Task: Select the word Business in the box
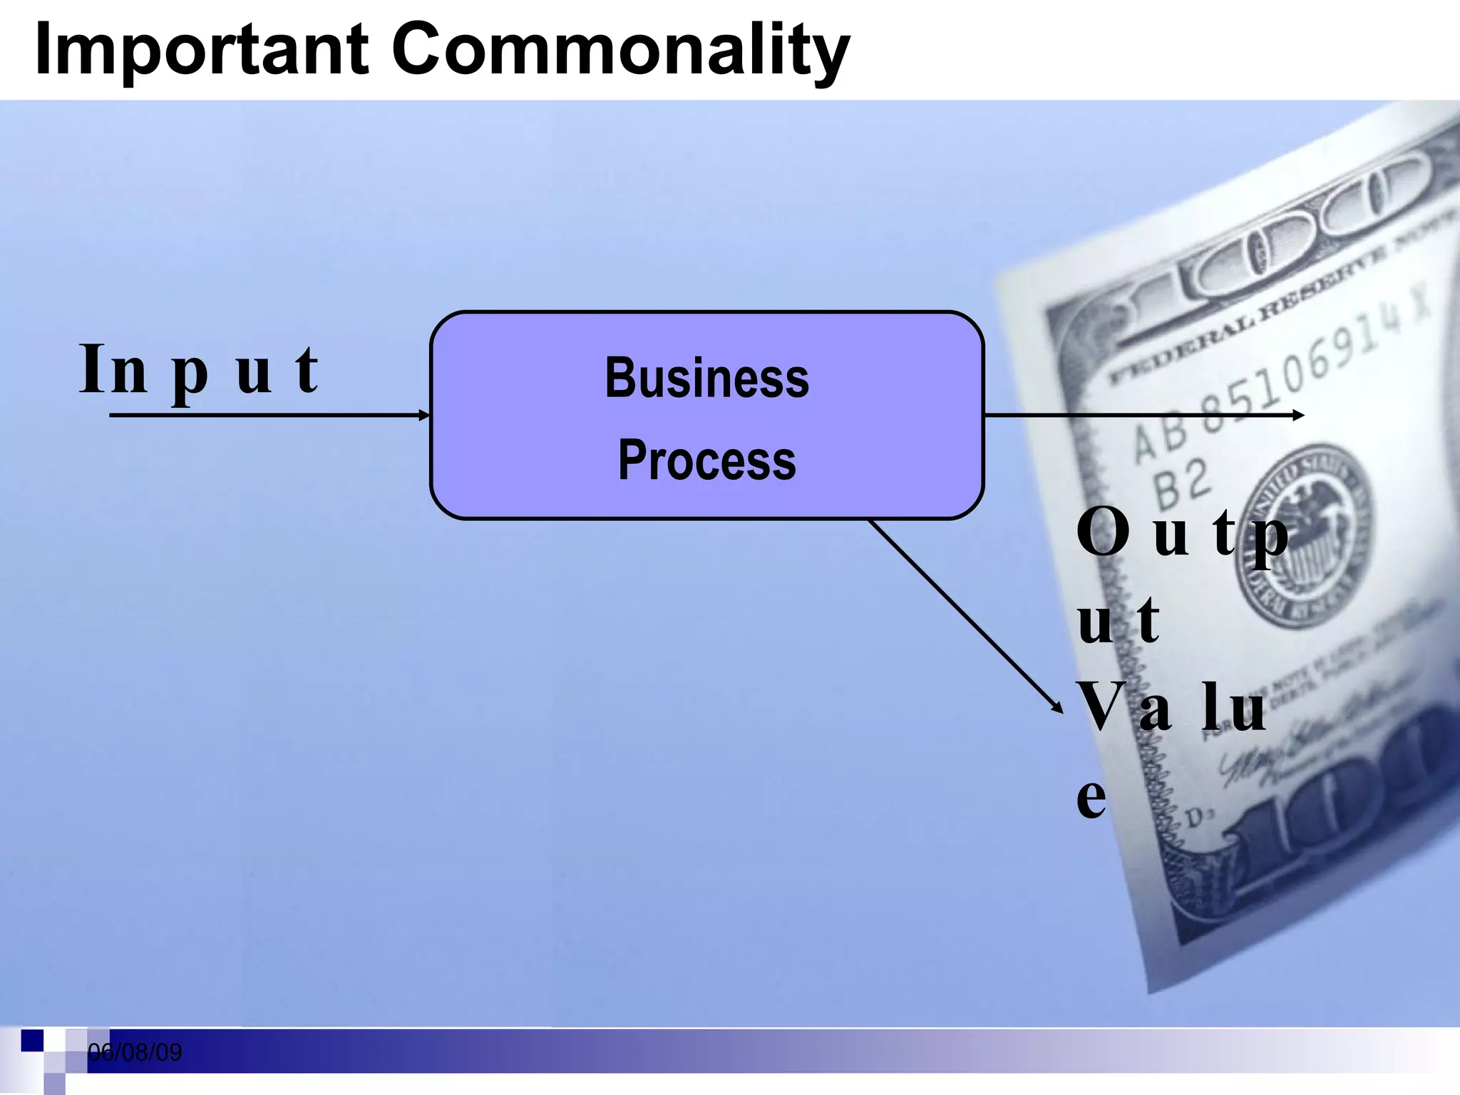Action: tap(706, 378)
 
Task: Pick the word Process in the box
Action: tap(706, 461)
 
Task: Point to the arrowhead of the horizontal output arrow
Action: tap(1298, 415)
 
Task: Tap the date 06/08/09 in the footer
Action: tap(135, 1052)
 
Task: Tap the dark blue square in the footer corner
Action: tap(32, 1040)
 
